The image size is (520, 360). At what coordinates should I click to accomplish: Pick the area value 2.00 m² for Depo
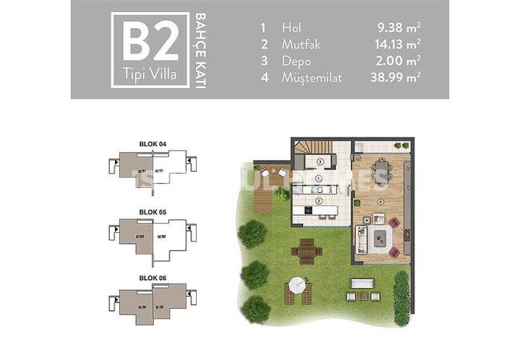(x=399, y=60)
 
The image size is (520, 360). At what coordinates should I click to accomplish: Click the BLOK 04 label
(x=152, y=144)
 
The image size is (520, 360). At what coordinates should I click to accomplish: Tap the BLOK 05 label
(x=152, y=211)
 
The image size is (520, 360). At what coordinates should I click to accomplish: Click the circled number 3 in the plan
(x=318, y=162)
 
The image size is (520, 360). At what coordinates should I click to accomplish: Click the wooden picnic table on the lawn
(x=306, y=251)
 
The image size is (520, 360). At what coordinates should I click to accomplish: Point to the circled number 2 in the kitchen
(x=318, y=201)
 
